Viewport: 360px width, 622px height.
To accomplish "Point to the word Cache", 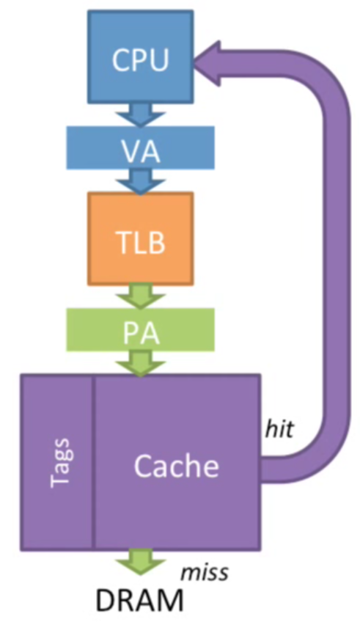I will pos(175,466).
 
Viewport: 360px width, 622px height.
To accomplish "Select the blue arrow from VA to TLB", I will pos(140,180).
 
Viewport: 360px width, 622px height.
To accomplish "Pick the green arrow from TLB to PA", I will pos(140,296).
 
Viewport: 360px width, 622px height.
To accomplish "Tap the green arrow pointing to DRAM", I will pos(140,566).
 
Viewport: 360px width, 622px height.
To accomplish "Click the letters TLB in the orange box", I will pos(140,240).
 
